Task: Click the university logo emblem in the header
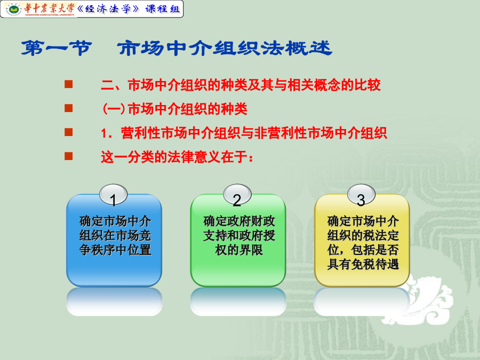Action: (13, 9)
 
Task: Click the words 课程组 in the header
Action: (163, 9)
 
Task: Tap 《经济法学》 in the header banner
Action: (108, 9)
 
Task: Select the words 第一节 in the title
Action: (57, 49)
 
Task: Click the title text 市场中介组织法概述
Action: (225, 49)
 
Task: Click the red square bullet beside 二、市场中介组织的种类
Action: (69, 84)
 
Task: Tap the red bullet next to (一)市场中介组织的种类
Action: (69, 108)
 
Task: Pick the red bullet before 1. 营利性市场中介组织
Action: (69, 132)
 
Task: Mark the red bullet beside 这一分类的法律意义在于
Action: (69, 156)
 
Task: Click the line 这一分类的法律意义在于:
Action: (177, 157)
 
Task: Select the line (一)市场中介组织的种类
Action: (174, 109)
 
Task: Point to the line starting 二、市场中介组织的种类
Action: (241, 85)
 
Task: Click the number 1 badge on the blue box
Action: (113, 195)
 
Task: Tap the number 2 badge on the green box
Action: (237, 195)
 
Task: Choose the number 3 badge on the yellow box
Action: (361, 195)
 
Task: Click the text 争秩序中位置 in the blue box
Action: (115, 250)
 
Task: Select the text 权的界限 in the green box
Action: (239, 250)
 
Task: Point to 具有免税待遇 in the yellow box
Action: (363, 264)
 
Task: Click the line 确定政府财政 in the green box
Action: (239, 221)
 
